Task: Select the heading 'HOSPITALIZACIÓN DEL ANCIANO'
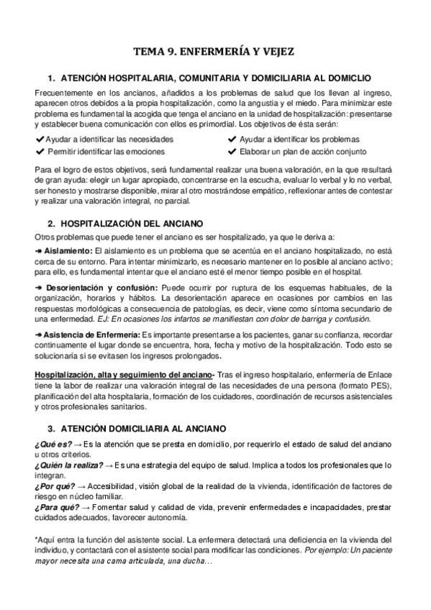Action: point(127,224)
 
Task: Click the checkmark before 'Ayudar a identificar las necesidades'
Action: point(39,139)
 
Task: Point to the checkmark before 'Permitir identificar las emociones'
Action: point(39,152)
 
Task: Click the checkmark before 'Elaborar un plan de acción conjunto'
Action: point(232,152)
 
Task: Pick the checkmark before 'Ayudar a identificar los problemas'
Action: point(232,139)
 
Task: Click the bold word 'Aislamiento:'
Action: point(65,250)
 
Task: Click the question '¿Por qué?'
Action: point(53,486)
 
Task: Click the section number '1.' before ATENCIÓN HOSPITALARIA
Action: point(51,78)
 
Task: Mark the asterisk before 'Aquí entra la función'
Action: point(36,539)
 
